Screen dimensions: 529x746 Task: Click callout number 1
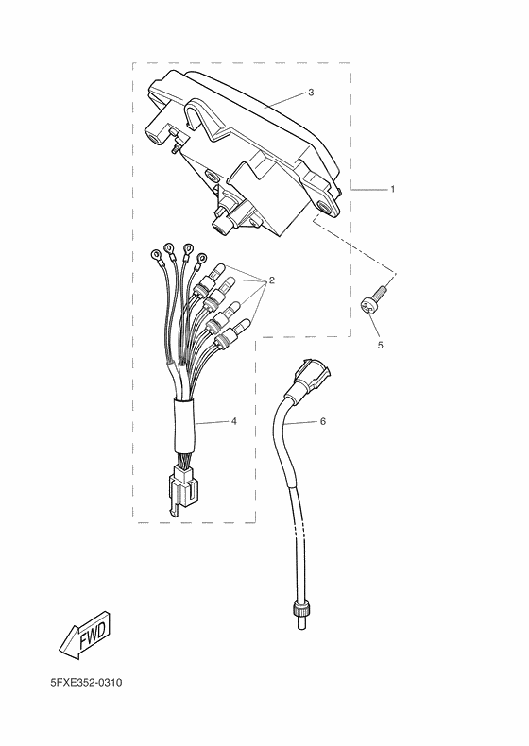pyautogui.click(x=393, y=190)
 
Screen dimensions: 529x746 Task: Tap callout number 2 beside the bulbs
pyautogui.click(x=272, y=280)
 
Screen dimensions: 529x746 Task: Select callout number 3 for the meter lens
pyautogui.click(x=311, y=93)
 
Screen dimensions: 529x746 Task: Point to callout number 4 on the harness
pyautogui.click(x=233, y=421)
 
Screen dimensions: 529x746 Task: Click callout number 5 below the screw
pyautogui.click(x=380, y=345)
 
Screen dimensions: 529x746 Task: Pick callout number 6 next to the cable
pyautogui.click(x=323, y=421)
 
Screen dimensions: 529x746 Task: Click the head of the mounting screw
pyautogui.click(x=367, y=308)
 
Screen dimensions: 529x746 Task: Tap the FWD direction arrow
pyautogui.click(x=86, y=636)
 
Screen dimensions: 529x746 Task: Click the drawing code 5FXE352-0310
pyautogui.click(x=86, y=683)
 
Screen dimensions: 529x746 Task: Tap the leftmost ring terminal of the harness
pyautogui.click(x=156, y=256)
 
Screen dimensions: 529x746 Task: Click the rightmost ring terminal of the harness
pyautogui.click(x=202, y=259)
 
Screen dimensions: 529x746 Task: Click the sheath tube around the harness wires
pyautogui.click(x=184, y=426)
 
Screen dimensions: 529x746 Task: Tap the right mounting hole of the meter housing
pyautogui.click(x=327, y=208)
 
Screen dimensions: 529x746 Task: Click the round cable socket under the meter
pyautogui.click(x=220, y=226)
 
